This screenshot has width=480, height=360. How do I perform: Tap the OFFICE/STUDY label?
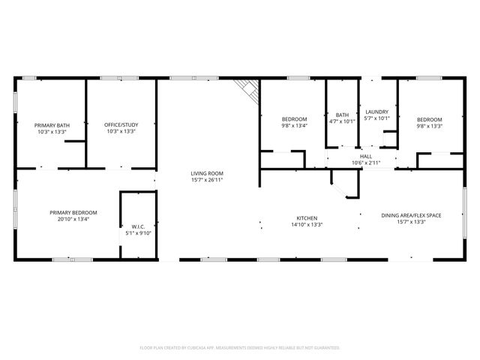click(121, 125)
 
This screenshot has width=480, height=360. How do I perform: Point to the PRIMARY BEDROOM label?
click(73, 213)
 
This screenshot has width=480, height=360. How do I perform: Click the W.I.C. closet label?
click(138, 226)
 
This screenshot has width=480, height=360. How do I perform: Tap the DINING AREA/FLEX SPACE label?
click(411, 216)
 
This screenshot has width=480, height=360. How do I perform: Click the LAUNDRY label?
click(377, 112)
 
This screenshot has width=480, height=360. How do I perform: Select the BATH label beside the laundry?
click(342, 115)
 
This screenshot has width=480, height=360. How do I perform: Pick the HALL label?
click(366, 156)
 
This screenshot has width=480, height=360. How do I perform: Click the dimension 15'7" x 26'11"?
click(207, 180)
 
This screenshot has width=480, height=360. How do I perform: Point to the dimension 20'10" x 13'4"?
click(73, 220)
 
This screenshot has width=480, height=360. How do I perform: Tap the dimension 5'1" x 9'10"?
click(138, 233)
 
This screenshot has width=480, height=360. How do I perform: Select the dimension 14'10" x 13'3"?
click(306, 224)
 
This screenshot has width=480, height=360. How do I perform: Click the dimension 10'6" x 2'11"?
click(366, 163)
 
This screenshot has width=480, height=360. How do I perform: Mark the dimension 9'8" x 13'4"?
click(295, 126)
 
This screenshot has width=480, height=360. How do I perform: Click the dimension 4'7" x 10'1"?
click(342, 121)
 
